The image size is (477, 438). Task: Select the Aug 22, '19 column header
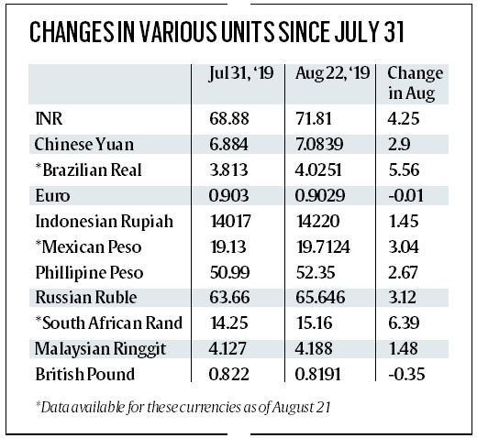[x=331, y=73]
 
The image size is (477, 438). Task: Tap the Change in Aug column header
[x=415, y=82]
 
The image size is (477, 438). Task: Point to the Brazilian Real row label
[x=86, y=171]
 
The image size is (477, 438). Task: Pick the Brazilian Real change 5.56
[x=403, y=171]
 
